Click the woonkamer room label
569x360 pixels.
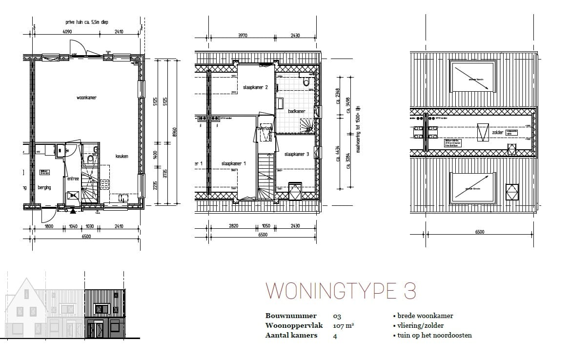tap(86, 98)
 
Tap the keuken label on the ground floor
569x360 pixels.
tap(122, 156)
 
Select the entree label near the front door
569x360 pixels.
tap(73, 179)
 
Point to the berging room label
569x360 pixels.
tap(44, 187)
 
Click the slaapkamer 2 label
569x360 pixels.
tap(256, 87)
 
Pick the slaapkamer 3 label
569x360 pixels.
tap(297, 154)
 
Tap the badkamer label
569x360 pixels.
tap(296, 111)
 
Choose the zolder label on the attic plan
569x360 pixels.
tap(497, 132)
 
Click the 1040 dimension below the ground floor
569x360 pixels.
tap(73, 226)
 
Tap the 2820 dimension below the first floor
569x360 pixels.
tap(234, 226)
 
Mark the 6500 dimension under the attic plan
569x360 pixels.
tap(479, 232)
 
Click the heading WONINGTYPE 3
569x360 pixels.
tap(341, 291)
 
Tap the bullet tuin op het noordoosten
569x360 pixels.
tap(432, 335)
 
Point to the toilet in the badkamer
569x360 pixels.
tap(306, 81)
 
